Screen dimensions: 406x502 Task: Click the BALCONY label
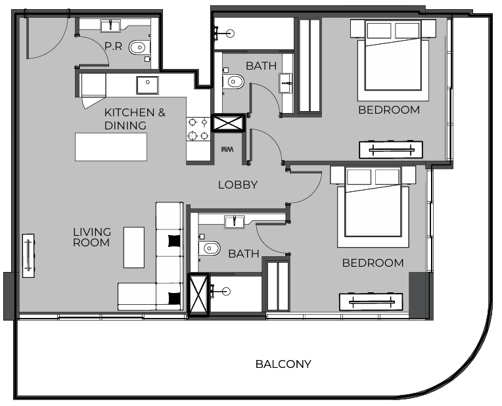(283, 364)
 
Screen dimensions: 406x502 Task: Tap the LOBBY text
(238, 185)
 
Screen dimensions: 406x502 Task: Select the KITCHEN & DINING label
(135, 119)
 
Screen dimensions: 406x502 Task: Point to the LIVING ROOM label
(92, 237)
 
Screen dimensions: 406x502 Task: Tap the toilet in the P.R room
(139, 47)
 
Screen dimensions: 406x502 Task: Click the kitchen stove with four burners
(199, 128)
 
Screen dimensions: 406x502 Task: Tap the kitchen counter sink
(147, 85)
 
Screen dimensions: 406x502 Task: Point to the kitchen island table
(111, 147)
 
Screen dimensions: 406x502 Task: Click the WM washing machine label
(227, 150)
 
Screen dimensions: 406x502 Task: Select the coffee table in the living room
(134, 247)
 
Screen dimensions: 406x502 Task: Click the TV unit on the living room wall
(29, 256)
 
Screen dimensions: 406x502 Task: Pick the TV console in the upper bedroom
(391, 150)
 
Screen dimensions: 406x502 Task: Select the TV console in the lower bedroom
(371, 302)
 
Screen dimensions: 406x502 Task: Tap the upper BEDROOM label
(388, 110)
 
